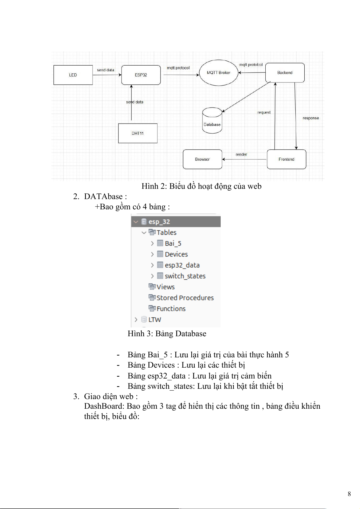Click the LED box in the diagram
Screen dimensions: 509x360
click(x=73, y=75)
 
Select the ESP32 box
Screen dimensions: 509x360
click(x=141, y=75)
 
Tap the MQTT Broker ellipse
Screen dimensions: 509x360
click(x=219, y=73)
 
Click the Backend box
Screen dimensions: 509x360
click(x=285, y=73)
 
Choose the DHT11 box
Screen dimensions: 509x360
click(x=138, y=133)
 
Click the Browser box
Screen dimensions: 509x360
click(x=202, y=159)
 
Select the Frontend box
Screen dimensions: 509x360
click(x=286, y=159)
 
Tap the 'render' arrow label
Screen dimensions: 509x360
click(x=241, y=154)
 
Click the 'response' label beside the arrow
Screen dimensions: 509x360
click(x=311, y=118)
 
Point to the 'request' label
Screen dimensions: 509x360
click(x=264, y=112)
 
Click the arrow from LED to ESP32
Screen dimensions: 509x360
click(x=107, y=75)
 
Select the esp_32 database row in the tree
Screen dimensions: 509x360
click(x=159, y=222)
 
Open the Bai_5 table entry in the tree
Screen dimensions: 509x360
click(x=173, y=243)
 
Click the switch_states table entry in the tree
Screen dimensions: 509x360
click(x=185, y=276)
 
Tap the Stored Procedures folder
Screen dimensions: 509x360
click(x=185, y=298)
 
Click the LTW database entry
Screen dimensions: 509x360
click(x=154, y=320)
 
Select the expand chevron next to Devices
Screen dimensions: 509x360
click(x=152, y=254)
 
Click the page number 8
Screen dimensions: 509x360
click(x=349, y=494)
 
